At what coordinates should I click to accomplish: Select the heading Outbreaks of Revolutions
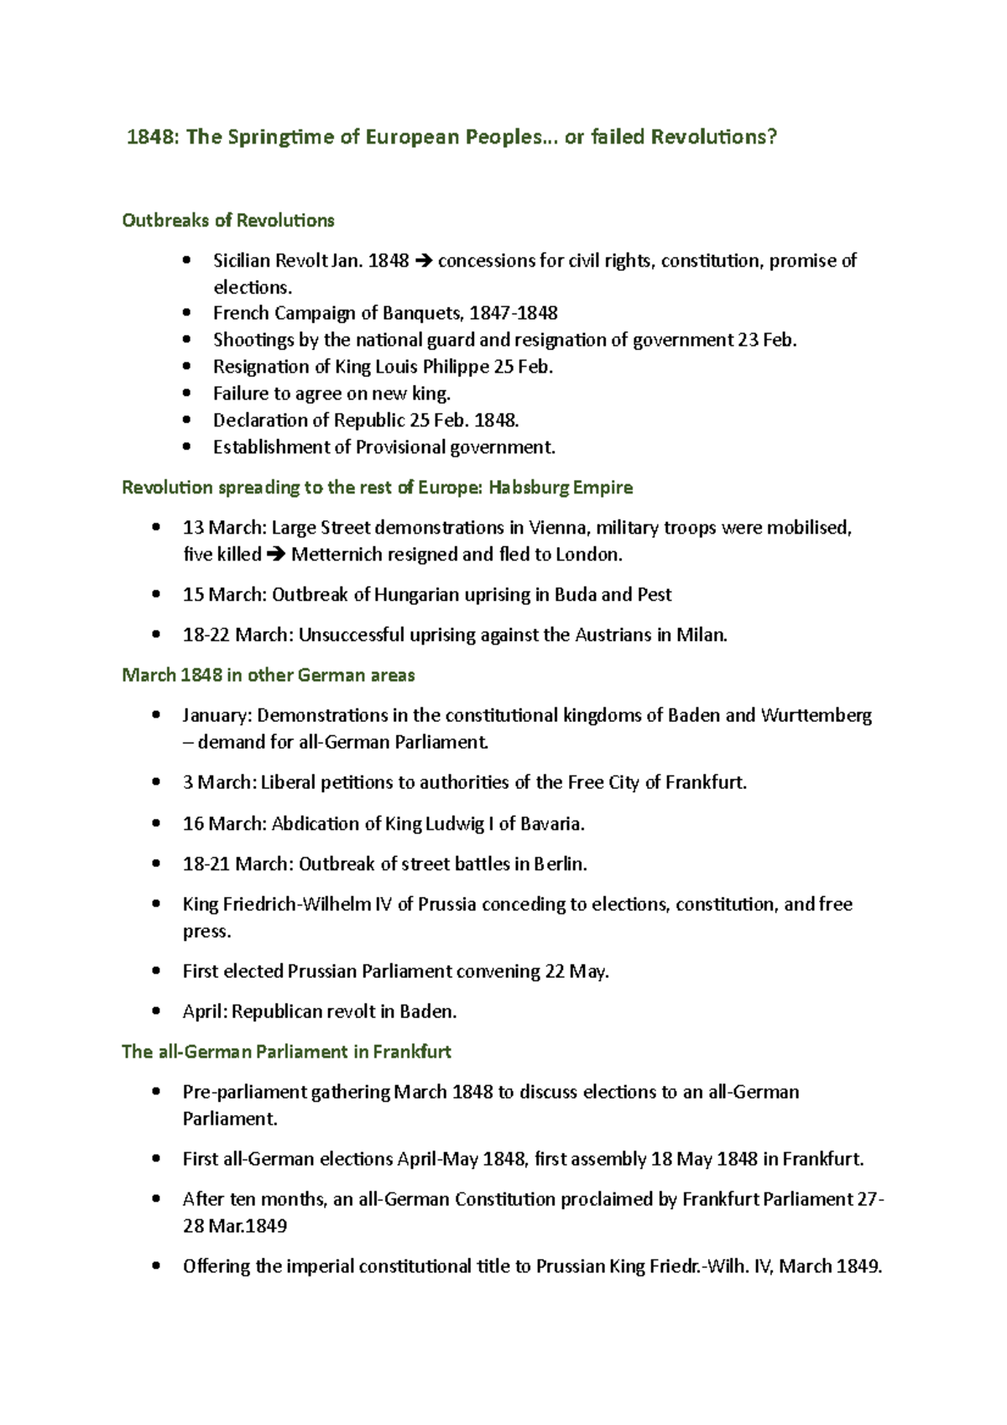(228, 220)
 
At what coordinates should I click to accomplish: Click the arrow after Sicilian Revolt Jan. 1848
(423, 261)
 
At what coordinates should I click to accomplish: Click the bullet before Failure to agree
(186, 394)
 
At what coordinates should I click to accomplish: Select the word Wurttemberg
(816, 716)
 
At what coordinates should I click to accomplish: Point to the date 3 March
(217, 783)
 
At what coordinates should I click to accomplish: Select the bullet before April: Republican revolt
(156, 1012)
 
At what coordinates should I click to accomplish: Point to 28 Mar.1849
(235, 1226)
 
